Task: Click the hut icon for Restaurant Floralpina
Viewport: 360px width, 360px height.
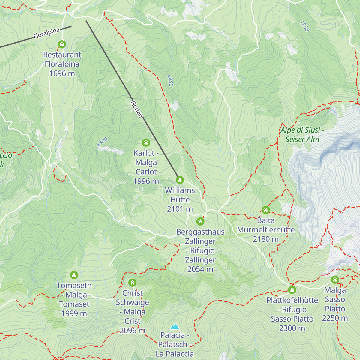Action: (x=62, y=44)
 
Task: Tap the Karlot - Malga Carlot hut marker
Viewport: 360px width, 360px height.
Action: (x=146, y=142)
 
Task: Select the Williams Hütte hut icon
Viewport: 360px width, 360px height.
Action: (x=180, y=180)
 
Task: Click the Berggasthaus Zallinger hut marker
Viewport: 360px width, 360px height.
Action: (x=200, y=222)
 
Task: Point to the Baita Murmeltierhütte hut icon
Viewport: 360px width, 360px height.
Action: (x=265, y=210)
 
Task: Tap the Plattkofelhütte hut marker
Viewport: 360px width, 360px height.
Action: (x=292, y=290)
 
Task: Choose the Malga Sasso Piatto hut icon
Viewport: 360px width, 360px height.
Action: (x=335, y=280)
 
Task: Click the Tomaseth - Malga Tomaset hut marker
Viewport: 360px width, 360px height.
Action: (x=74, y=275)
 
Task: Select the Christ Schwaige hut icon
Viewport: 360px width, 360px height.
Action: (x=132, y=283)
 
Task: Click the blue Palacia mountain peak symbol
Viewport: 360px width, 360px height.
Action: (x=175, y=326)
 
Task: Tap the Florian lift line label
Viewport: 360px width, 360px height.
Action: (x=136, y=109)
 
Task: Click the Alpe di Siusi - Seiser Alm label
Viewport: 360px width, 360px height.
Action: (x=302, y=135)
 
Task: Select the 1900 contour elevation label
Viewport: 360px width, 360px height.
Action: (x=102, y=142)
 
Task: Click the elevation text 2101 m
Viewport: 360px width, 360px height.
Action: (x=180, y=209)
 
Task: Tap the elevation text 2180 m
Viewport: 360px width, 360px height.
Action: (x=265, y=239)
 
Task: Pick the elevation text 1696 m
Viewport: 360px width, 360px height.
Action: (x=62, y=73)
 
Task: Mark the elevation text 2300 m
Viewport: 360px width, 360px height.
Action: (x=292, y=328)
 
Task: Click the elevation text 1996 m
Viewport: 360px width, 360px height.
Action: (x=146, y=181)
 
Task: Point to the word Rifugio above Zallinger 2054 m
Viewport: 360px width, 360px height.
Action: (x=202, y=251)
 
